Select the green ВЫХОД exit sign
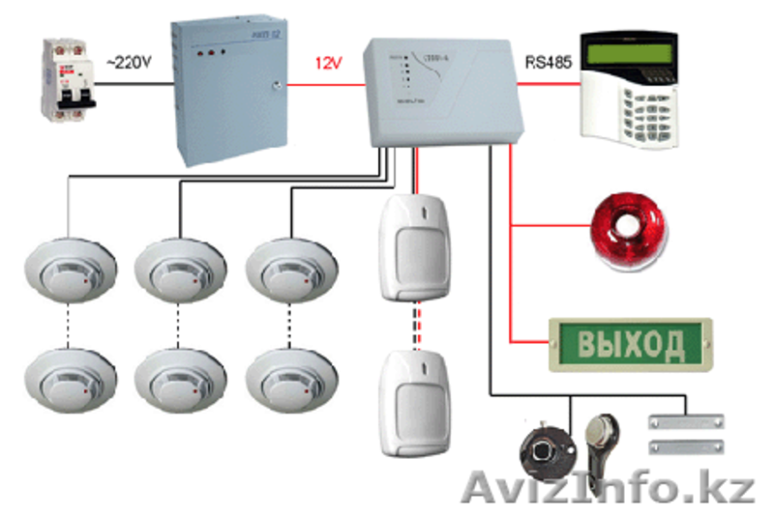[x=631, y=342]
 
